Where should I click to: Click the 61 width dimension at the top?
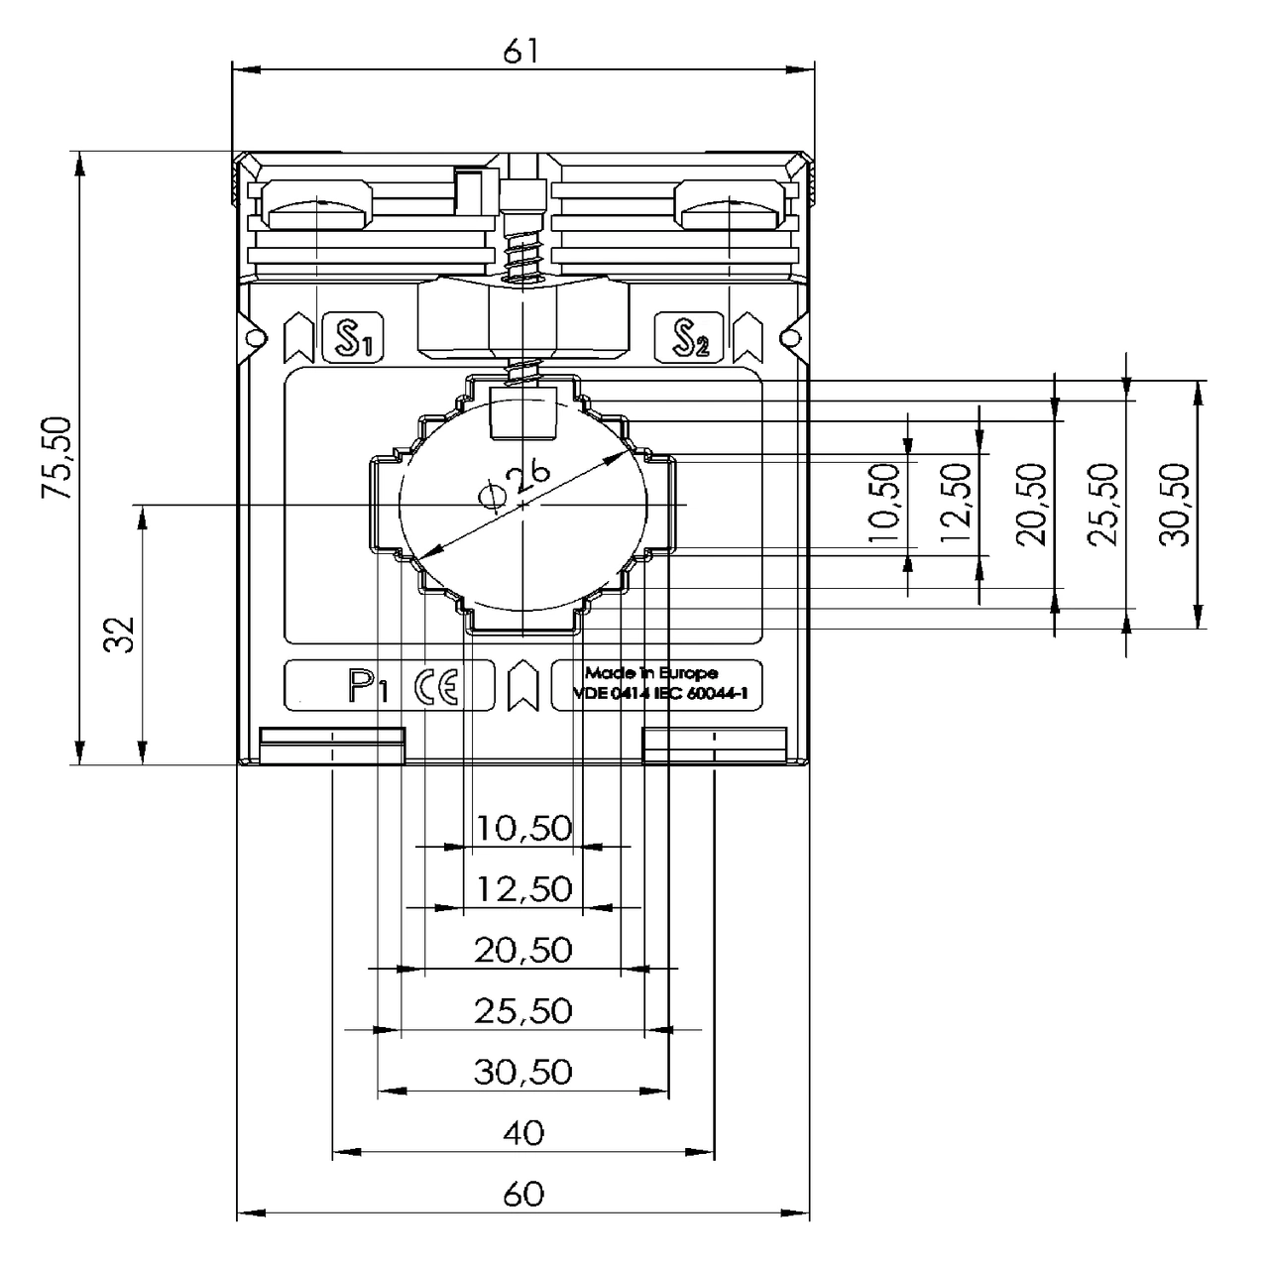click(x=521, y=52)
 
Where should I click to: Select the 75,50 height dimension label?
click(x=58, y=457)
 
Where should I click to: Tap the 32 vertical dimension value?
click(x=120, y=634)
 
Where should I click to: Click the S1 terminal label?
click(x=353, y=338)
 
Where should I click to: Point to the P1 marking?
click(x=366, y=686)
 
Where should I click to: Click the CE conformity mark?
click(x=437, y=686)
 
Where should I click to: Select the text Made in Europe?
click(x=651, y=673)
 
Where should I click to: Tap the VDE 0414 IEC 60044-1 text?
click(x=659, y=695)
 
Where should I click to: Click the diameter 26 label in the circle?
click(x=516, y=485)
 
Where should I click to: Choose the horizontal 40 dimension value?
click(x=523, y=1132)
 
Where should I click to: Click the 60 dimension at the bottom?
click(x=523, y=1194)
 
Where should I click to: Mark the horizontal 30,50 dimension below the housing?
click(x=523, y=1072)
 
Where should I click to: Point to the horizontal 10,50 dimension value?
click(x=523, y=827)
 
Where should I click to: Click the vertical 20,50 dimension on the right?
click(x=1032, y=505)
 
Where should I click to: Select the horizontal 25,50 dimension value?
click(x=523, y=1010)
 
